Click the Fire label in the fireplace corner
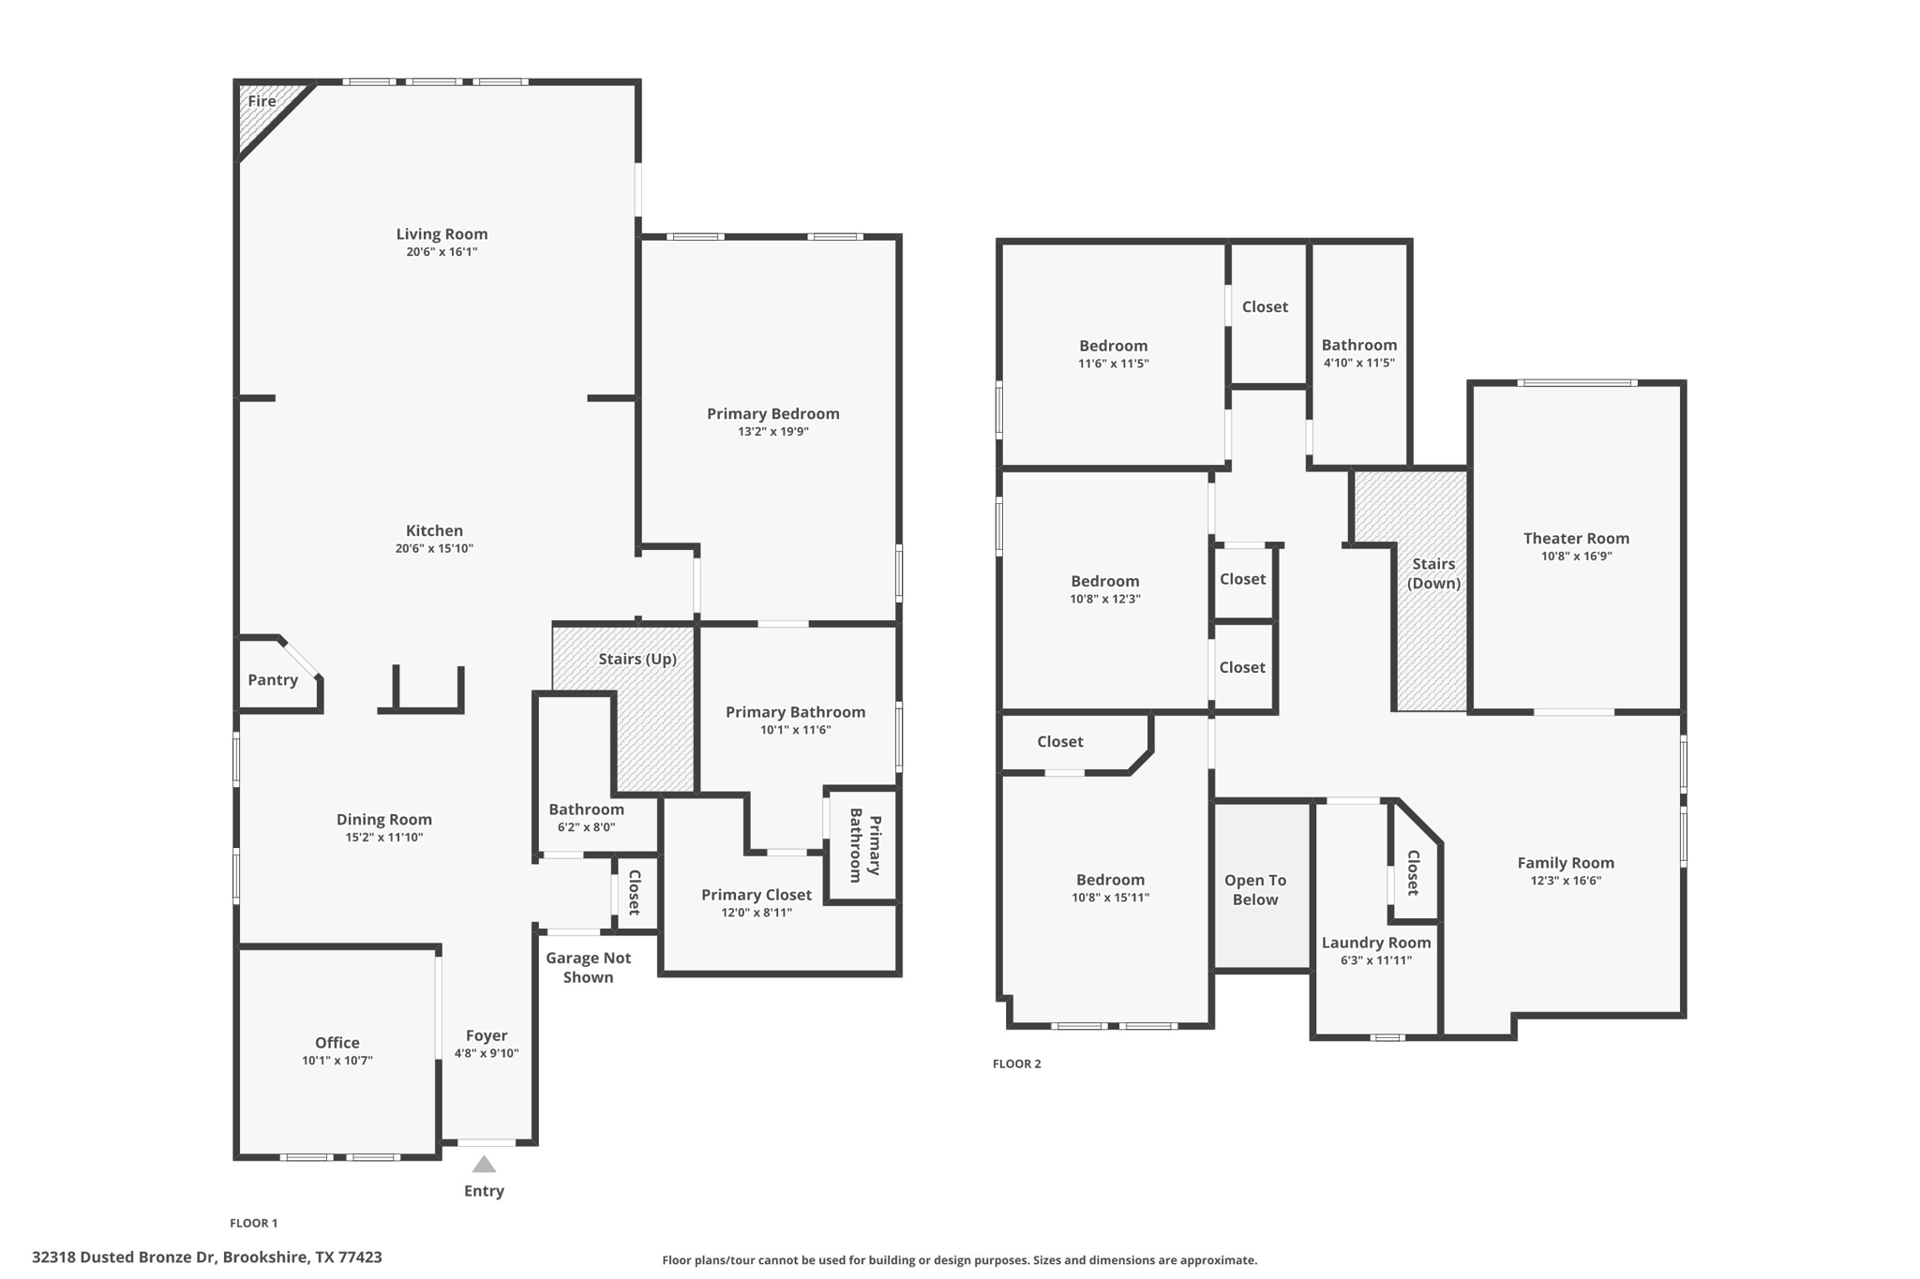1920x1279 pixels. tap(262, 101)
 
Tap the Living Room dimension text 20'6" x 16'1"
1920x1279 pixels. tap(442, 252)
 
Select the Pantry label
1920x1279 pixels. tap(273, 680)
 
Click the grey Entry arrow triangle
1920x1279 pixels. tap(484, 1165)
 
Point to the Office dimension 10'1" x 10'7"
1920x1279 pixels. tap(337, 1061)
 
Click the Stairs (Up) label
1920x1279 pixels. tap(637, 659)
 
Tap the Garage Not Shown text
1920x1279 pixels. tap(589, 967)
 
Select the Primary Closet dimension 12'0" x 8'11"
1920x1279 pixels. tap(757, 913)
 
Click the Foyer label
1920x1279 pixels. tap(487, 1035)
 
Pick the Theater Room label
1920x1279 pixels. tap(1576, 538)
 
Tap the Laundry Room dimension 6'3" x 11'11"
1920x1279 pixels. tap(1376, 960)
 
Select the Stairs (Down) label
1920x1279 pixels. tap(1433, 573)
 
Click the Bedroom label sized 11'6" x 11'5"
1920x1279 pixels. tap(1113, 346)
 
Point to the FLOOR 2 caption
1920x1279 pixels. tap(1017, 1063)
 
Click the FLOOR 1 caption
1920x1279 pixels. tap(254, 1223)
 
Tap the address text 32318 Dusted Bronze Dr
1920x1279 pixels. tap(125, 1257)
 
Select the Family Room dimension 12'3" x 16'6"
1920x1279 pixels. tap(1566, 881)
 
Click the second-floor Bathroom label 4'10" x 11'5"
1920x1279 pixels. tap(1359, 345)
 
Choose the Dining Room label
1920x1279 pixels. tap(384, 820)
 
